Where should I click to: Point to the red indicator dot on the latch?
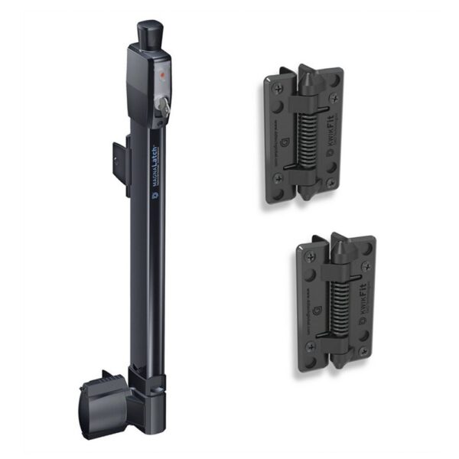[x=163, y=76]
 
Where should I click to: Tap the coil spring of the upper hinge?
[x=304, y=139]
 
